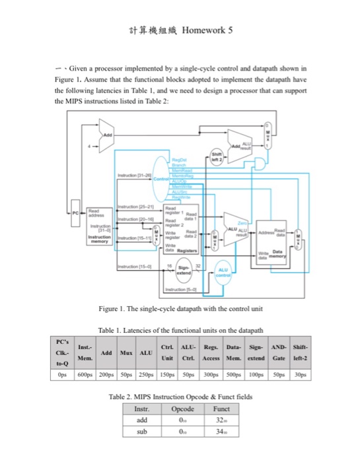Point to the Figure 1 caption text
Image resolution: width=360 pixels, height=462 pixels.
point(180,309)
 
